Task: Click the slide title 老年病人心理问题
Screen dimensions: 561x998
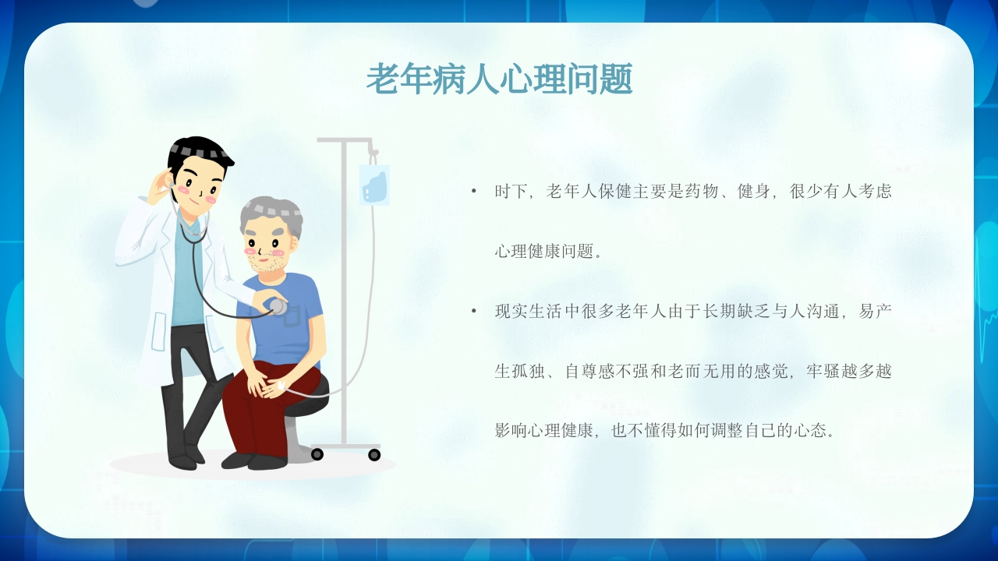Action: [499, 79]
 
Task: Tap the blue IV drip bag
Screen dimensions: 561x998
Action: [374, 186]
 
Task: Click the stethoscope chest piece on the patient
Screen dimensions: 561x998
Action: [277, 306]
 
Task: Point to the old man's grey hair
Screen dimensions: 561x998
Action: [271, 211]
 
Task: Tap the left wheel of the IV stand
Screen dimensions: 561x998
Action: [317, 454]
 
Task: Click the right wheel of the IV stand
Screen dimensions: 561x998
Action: [374, 454]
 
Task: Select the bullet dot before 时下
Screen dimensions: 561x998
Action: [473, 192]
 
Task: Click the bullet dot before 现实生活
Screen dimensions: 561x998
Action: [473, 312]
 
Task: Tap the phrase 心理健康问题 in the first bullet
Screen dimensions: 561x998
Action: [543, 252]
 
